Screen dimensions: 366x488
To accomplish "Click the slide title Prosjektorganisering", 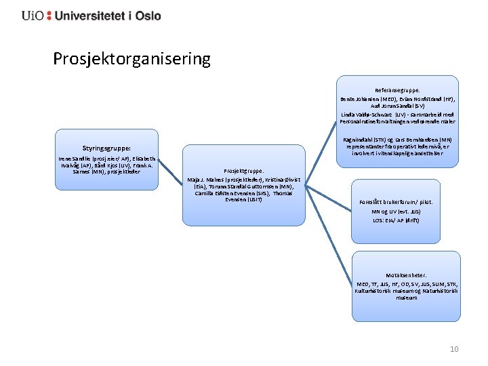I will click(132, 59).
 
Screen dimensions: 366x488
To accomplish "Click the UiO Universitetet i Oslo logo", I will click(91, 15).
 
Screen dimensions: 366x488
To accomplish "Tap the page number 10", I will click(454, 349).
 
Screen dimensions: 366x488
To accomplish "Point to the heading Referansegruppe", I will click(397, 89).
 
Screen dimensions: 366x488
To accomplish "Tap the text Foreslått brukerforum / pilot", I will click(396, 202).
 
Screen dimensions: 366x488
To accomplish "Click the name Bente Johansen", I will click(362, 99).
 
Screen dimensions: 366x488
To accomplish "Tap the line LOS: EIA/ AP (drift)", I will click(396, 220).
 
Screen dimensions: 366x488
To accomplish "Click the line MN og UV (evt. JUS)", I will click(396, 211).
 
